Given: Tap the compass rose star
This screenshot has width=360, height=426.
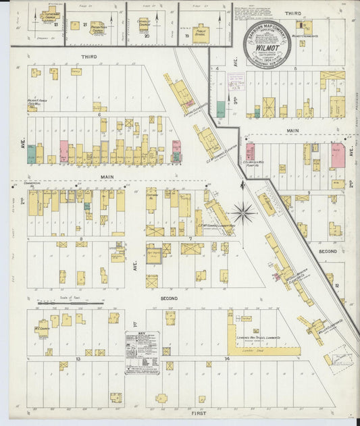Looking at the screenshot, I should coord(244,213).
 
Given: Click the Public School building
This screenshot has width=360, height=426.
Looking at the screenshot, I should coord(201,32).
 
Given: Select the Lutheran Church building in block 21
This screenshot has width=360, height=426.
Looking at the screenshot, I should coord(49,16).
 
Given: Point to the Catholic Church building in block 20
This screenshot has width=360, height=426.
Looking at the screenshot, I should coord(143,24).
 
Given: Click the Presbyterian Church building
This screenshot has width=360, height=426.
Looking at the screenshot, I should coord(97,28).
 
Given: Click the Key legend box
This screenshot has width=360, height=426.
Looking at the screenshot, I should coord(143,348).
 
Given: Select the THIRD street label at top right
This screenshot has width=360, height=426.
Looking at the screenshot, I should coord(292,14).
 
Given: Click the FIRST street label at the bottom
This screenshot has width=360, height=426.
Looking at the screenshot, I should coord(200,412).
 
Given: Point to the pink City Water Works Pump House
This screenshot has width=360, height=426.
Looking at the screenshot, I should coord(250,151).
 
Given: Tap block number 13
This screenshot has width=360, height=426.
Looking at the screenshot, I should coord(78,358).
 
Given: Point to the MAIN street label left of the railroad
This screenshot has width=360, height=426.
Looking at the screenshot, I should coord(107,178).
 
